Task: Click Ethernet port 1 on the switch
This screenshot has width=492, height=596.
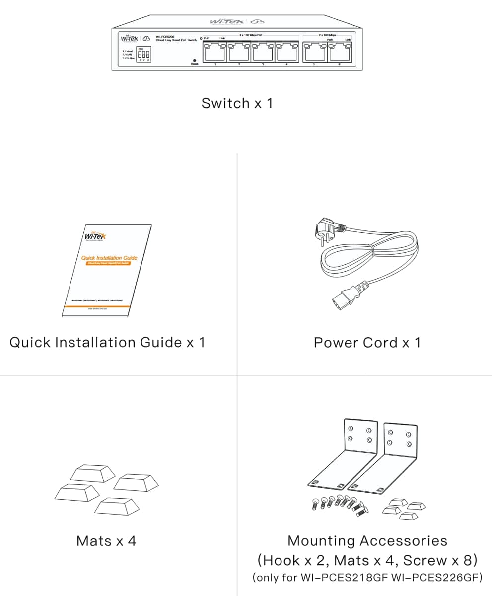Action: (x=215, y=52)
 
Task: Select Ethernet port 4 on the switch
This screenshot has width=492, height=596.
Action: (x=287, y=52)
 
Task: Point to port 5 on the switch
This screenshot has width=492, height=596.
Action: (x=314, y=52)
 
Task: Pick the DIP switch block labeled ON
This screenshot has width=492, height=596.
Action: (x=144, y=55)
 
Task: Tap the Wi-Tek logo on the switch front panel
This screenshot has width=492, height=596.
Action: (x=130, y=39)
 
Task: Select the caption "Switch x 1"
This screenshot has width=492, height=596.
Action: (x=237, y=103)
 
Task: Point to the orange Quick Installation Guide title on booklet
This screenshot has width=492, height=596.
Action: (x=109, y=258)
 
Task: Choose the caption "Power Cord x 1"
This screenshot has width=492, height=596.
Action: (x=367, y=343)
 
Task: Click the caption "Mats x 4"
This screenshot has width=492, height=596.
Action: (x=106, y=541)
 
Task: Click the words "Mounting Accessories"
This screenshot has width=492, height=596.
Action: (x=367, y=540)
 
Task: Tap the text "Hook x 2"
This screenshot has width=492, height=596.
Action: (x=291, y=560)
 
